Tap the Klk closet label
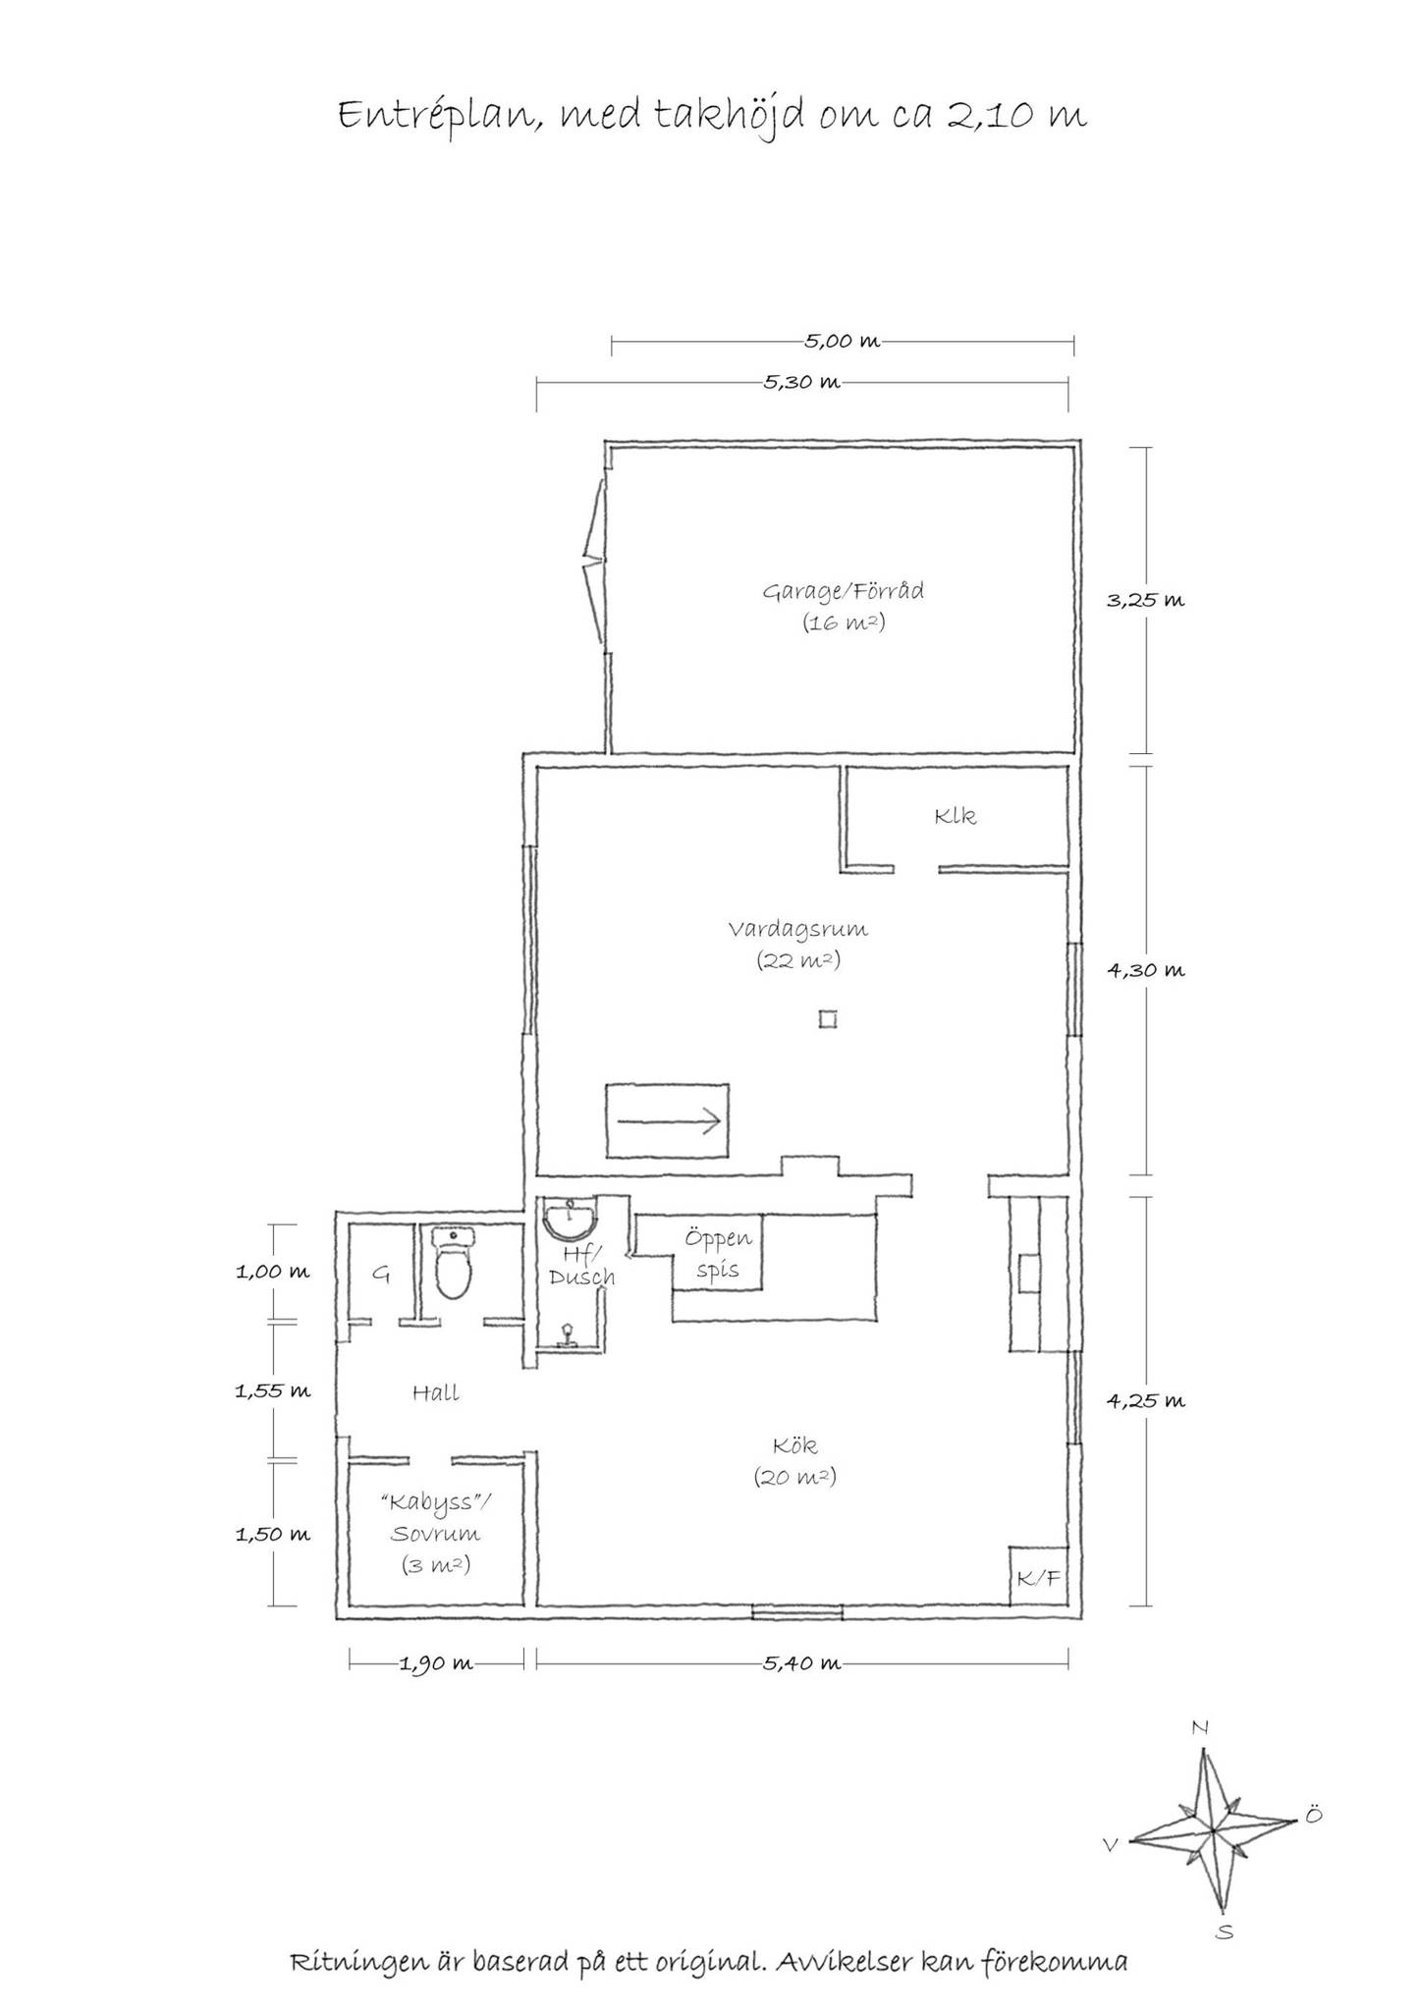click(x=956, y=816)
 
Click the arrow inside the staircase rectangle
click(x=669, y=1120)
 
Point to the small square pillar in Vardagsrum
click(x=829, y=1020)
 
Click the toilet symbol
click(x=454, y=1263)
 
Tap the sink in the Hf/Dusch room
click(x=571, y=1221)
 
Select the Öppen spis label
click(x=719, y=1254)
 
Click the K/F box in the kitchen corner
click(x=1039, y=1578)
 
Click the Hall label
click(x=436, y=1392)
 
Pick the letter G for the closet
click(x=381, y=1275)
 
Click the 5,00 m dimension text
click(x=843, y=342)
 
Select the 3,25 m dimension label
click(x=1146, y=600)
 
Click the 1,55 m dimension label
click(x=272, y=1390)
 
